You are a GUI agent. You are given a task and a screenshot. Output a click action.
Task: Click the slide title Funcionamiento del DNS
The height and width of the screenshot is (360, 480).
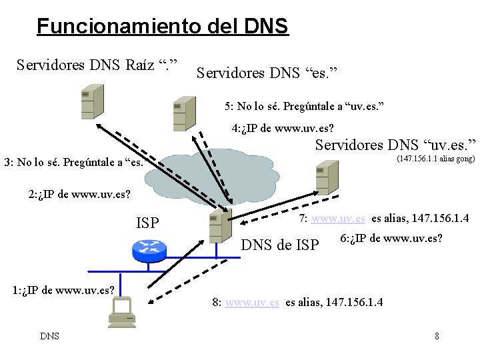162,27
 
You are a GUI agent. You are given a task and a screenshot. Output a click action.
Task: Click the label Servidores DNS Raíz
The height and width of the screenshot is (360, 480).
101,65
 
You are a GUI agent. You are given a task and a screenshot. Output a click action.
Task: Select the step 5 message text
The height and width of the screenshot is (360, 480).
304,106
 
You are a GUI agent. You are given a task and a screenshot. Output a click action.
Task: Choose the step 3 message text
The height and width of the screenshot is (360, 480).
74,162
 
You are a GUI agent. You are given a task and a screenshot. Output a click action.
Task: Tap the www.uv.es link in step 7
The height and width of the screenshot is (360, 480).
338,218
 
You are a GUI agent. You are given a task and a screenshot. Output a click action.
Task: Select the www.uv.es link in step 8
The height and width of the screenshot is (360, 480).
252,302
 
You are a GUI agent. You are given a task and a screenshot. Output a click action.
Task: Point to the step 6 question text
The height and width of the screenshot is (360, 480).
391,239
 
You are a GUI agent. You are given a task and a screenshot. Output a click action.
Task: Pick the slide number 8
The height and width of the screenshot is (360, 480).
437,336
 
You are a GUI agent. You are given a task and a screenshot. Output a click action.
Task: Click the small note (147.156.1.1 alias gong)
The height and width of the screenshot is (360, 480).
435,159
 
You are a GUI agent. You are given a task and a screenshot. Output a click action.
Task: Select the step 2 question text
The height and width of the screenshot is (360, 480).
79,195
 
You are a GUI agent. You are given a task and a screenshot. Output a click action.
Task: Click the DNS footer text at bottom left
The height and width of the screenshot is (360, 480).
49,336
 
